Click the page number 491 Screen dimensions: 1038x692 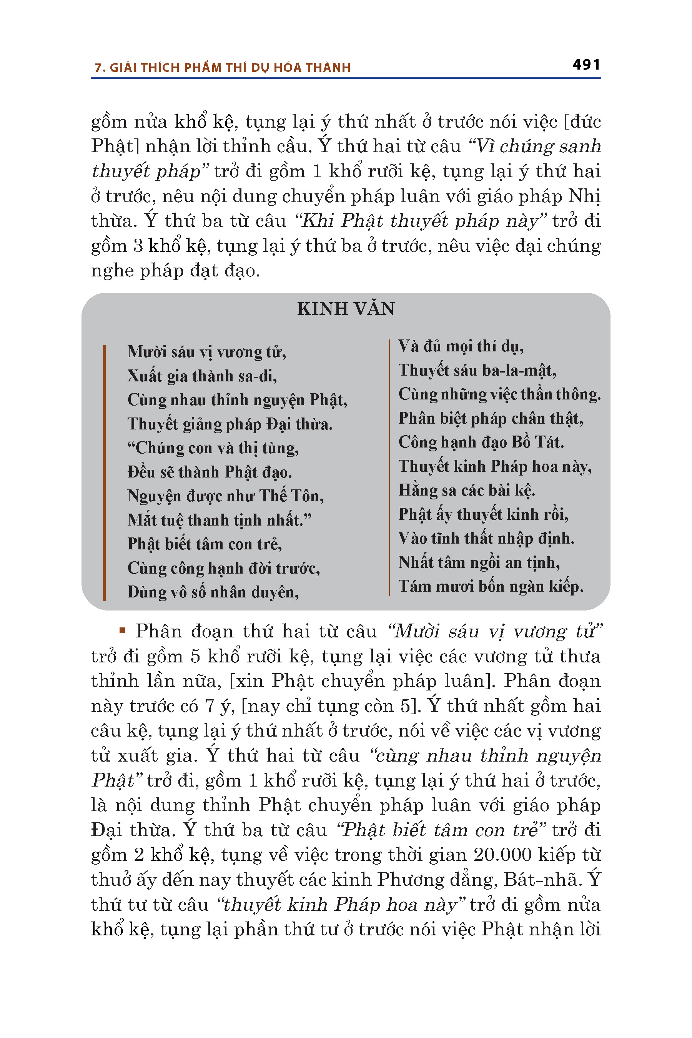tap(586, 65)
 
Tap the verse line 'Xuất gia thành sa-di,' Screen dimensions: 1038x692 tap(202, 376)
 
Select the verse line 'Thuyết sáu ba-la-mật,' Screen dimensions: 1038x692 tap(477, 370)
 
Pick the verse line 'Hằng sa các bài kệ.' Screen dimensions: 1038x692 tap(466, 490)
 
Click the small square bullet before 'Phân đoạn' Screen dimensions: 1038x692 tap(123, 630)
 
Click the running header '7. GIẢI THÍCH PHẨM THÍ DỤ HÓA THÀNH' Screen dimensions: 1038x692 tap(223, 68)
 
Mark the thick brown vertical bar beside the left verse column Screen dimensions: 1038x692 tap(104, 472)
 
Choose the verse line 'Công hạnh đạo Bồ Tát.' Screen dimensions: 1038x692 tap(481, 442)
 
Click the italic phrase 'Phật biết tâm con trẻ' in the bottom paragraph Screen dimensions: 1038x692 tap(441, 830)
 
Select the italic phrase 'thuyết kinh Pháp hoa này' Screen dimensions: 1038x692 tap(340, 904)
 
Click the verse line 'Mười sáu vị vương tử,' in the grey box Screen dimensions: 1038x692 tap(206, 352)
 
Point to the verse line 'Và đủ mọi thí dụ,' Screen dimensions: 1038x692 tap(461, 346)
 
